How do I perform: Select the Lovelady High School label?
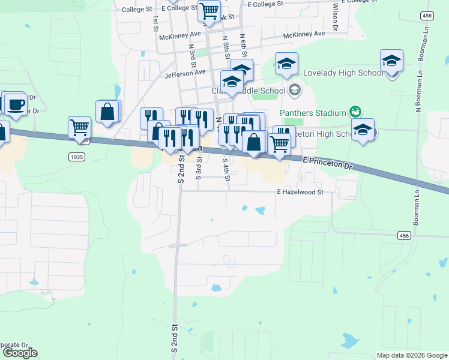tap(343, 73)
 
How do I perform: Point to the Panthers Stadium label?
tap(313, 113)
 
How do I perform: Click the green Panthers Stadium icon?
tap(355, 112)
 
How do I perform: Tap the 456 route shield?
tap(404, 236)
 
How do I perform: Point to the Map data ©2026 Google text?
tap(411, 355)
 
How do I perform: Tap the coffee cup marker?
tap(16, 104)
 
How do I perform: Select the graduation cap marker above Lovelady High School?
tap(287, 63)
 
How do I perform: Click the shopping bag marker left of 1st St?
tap(107, 112)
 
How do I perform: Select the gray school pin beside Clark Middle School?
tap(294, 91)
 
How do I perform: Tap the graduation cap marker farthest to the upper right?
tap(391, 61)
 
